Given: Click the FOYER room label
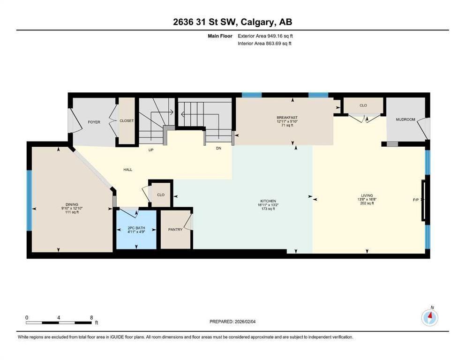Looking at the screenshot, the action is [94, 122].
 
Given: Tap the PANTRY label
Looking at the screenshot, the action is [175, 230].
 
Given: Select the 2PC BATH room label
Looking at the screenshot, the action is [136, 228].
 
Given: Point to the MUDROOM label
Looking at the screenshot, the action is [405, 120].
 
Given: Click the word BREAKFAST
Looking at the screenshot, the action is [287, 118].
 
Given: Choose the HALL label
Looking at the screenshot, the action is [128, 170].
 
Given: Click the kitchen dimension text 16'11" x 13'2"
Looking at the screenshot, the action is [268, 205].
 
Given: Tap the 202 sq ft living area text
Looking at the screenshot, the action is [367, 203].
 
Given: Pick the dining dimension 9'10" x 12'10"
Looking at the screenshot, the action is [72, 208].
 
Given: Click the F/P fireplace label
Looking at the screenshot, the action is [416, 200].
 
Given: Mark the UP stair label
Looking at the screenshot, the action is [151, 150].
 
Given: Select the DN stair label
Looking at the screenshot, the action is [218, 148].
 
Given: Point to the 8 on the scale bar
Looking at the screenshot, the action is [91, 317].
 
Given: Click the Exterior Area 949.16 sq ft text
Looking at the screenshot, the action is [265, 36].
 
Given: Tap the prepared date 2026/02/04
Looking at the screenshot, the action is [245, 322].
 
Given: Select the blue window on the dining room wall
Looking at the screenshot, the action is [29, 200].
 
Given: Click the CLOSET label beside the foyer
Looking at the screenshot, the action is [127, 120].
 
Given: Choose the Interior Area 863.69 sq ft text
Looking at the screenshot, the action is [264, 43].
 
